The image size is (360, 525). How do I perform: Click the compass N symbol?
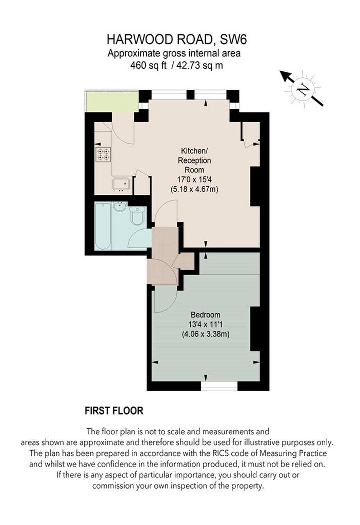point(303,89)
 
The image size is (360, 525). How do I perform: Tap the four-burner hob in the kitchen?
point(103,154)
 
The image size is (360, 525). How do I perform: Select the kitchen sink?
point(121,185)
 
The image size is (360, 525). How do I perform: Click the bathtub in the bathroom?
point(103,226)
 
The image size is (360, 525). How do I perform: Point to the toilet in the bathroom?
point(137,215)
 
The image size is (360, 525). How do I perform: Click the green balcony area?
point(112,101)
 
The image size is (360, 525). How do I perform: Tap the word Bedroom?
point(205,315)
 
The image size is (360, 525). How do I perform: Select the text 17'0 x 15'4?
point(194,179)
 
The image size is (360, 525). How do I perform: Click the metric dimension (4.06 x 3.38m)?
point(205,334)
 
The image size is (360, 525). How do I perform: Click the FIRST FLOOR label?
point(114,411)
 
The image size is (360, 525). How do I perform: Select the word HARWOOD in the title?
point(140,40)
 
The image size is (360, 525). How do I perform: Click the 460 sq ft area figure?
point(148,65)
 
